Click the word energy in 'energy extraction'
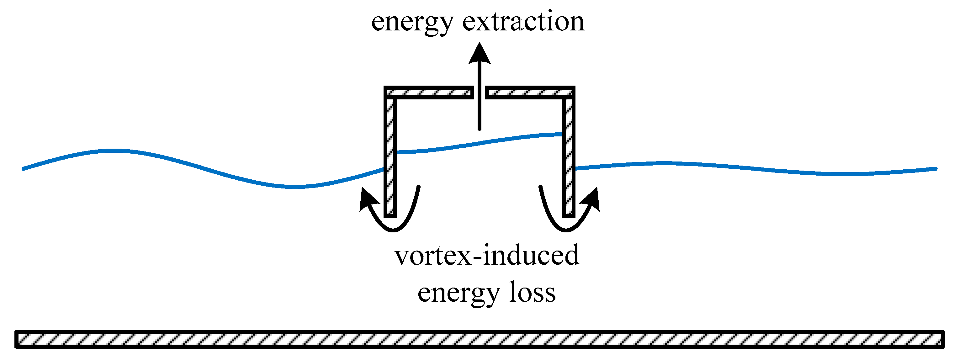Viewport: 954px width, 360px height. click(x=412, y=23)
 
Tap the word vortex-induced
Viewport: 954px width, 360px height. click(x=487, y=256)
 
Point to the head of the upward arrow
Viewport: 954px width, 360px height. click(x=480, y=54)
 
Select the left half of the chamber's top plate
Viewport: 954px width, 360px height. click(x=429, y=93)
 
